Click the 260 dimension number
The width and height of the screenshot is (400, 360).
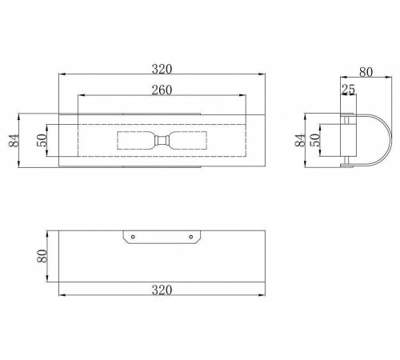point(162,90)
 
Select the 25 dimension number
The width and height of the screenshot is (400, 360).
point(349,90)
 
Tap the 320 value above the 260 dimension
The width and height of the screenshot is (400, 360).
point(162,69)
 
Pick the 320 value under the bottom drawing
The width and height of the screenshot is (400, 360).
point(162,290)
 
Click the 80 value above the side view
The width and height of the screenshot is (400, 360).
point(366,72)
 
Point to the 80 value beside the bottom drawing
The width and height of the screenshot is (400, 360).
point(42,256)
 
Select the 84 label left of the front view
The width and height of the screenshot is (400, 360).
point(14,140)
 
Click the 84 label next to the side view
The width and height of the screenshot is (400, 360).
point(300,140)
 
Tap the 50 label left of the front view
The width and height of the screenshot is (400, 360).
point(42,140)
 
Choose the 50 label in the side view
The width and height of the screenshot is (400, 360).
point(315,140)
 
